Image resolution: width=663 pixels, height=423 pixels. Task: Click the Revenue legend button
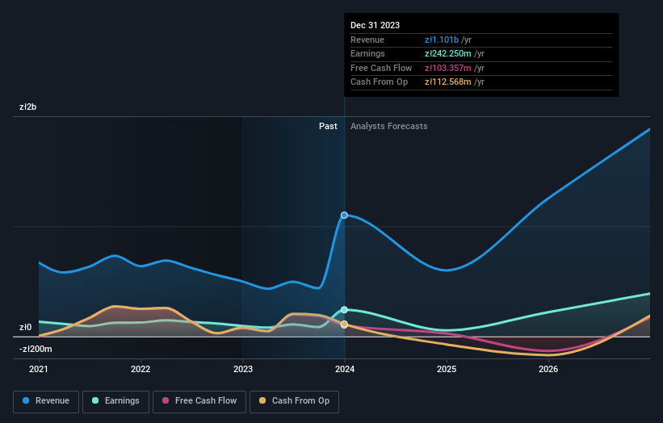(47, 400)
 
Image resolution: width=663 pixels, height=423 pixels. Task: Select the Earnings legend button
(115, 400)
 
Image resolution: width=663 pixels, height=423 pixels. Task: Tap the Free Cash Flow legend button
(199, 400)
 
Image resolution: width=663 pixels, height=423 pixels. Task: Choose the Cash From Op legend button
(294, 400)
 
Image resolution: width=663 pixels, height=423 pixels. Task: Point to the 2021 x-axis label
(39, 369)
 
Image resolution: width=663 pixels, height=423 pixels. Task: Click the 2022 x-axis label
(141, 369)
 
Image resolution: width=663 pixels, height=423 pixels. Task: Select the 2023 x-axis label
(243, 369)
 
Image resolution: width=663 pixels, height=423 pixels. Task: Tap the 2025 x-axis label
(447, 369)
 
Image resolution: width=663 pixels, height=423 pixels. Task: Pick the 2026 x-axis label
(548, 369)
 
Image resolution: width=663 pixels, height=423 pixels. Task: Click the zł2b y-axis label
(29, 107)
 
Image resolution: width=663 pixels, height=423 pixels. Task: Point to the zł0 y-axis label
(27, 327)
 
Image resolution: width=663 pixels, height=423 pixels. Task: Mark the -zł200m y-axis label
(36, 349)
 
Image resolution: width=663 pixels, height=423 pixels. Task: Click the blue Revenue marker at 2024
(345, 215)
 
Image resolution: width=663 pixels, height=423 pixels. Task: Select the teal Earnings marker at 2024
(345, 309)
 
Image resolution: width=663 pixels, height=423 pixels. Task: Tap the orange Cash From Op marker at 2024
(345, 325)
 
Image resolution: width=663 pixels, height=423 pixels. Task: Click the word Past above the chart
(328, 126)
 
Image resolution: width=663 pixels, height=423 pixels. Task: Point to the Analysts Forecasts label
(389, 126)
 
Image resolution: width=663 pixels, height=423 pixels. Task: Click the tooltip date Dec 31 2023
(375, 25)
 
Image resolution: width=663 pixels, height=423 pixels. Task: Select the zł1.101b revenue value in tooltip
(442, 40)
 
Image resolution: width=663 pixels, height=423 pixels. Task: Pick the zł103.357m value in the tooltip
(448, 68)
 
